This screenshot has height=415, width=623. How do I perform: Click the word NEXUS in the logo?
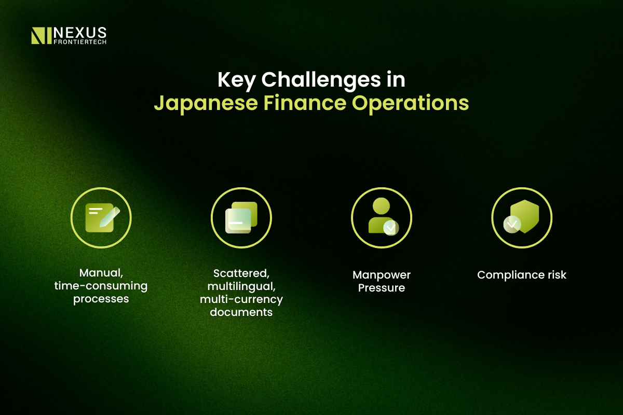click(x=80, y=33)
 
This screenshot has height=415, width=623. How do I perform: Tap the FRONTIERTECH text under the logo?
click(x=80, y=42)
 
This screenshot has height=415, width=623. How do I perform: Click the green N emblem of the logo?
click(x=42, y=36)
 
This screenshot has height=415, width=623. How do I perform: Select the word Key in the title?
click(x=236, y=80)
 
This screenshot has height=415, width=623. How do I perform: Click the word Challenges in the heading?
click(x=321, y=79)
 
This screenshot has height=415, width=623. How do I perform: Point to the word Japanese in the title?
click(x=206, y=103)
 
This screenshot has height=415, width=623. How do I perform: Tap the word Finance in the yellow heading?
click(x=305, y=103)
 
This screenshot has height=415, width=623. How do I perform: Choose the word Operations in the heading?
click(x=410, y=103)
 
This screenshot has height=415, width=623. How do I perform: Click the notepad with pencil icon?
click(x=102, y=218)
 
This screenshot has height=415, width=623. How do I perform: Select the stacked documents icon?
click(x=241, y=217)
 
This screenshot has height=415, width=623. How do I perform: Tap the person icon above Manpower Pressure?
click(x=383, y=216)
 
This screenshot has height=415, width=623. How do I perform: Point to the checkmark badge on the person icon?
click(x=391, y=228)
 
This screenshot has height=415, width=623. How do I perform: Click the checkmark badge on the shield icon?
click(x=512, y=224)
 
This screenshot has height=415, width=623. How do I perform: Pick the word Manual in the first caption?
click(x=101, y=273)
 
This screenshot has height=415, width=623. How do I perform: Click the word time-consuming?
click(x=101, y=286)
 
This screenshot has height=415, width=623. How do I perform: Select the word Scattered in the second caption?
click(x=241, y=273)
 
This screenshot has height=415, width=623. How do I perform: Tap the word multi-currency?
click(x=241, y=299)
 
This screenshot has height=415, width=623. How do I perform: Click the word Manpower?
click(x=382, y=275)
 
